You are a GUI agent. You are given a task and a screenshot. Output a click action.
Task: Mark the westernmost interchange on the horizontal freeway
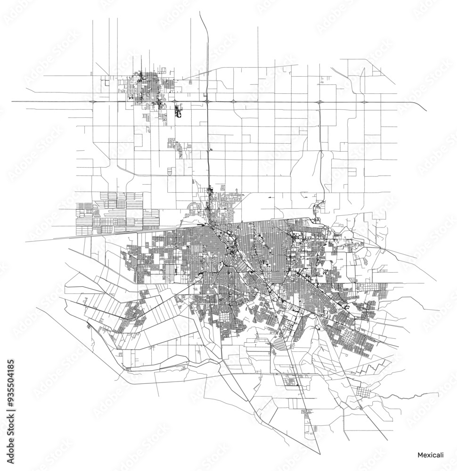pos(95,101)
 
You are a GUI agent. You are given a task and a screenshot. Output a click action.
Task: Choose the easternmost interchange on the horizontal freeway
pos(364,102)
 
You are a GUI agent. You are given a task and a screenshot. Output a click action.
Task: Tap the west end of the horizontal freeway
pos(13,101)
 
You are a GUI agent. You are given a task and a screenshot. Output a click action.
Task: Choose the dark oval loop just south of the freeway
pos(178,112)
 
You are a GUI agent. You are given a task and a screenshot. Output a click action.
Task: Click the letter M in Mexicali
pos(420,455)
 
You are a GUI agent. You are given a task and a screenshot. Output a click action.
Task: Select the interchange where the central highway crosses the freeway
pos(207,101)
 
